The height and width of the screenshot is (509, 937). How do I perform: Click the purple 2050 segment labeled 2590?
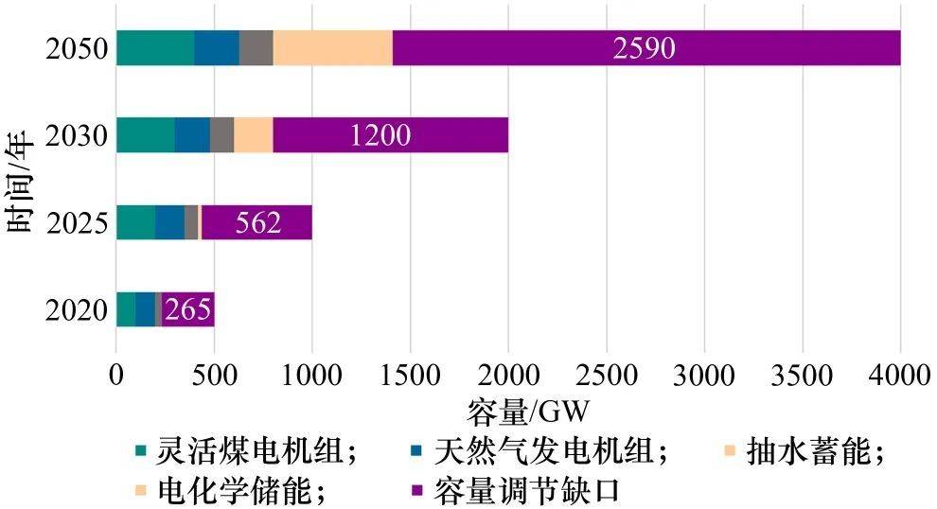(645, 48)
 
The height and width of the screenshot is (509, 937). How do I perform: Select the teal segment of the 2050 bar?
(155, 48)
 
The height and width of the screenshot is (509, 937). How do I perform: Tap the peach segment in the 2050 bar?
(332, 48)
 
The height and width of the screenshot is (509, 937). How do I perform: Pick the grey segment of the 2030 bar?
(221, 135)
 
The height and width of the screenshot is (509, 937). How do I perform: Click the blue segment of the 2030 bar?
(192, 135)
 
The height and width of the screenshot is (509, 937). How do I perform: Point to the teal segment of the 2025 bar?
(135, 222)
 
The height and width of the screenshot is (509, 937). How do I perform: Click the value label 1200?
(380, 136)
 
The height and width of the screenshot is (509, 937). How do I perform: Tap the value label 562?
(255, 223)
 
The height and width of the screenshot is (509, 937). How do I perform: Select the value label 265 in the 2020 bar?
(187, 310)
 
